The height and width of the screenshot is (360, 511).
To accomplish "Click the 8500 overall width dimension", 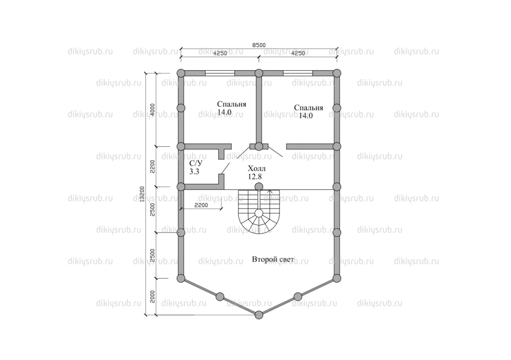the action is pos(259,45).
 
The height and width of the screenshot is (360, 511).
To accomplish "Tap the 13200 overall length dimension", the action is pos(142,194).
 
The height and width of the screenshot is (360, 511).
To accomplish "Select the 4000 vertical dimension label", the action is pos(152,109).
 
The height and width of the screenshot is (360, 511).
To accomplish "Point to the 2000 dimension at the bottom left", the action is pos(152,297).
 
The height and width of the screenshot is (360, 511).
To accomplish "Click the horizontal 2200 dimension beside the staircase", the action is pos(201,205).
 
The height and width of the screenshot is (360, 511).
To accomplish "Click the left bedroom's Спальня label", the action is pos(232,104).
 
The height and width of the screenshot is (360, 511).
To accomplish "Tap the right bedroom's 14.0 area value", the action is pos(306,116).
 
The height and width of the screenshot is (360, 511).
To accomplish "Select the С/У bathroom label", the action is pos(196,163).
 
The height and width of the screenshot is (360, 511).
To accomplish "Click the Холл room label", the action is pos(257,169).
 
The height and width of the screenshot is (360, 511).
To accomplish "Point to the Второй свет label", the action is pos(273,259).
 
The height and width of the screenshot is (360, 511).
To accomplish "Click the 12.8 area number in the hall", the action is pos(255,176).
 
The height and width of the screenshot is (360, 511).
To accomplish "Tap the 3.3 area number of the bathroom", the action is pos(194,171).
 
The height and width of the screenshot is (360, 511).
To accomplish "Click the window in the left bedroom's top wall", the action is pos(220,73).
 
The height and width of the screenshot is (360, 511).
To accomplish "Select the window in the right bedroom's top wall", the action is pos(298,73).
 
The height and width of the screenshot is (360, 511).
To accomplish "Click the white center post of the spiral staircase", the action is pos(259,213).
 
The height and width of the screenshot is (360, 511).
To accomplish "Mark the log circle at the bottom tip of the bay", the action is pos(259,315).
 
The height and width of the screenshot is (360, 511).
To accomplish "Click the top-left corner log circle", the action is pos(181,73).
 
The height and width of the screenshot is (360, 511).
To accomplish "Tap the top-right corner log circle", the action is pos(337,73).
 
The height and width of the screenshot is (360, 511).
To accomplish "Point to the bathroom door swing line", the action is pos(225,168).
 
